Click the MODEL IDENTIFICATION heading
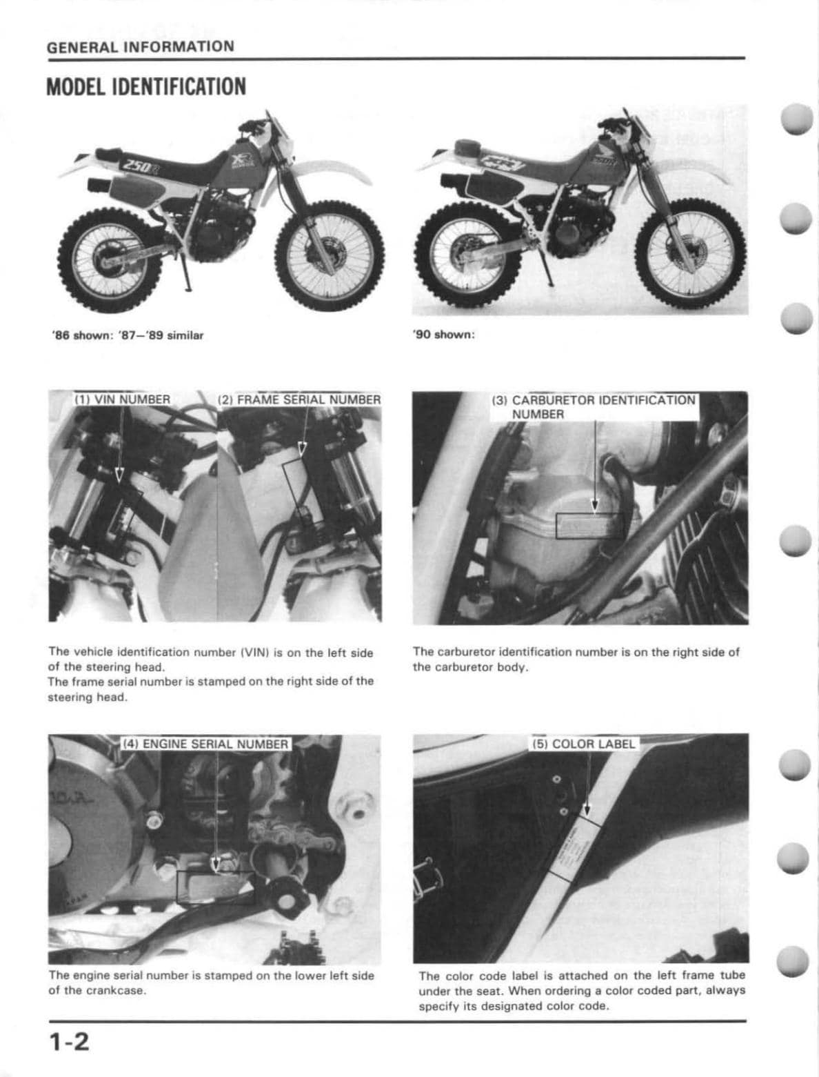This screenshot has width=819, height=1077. tap(145, 87)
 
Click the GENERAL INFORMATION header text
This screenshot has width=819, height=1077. tap(140, 47)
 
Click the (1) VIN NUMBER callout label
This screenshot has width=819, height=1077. tap(122, 399)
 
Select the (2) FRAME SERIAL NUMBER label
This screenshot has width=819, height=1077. tap(299, 399)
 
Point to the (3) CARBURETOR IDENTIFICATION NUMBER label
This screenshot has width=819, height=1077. tap(594, 406)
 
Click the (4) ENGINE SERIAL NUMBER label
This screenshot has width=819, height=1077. tap(205, 744)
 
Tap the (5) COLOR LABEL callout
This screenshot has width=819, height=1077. tap(583, 744)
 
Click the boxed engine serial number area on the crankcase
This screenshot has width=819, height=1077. tap(216, 887)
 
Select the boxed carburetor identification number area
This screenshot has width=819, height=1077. tap(589, 526)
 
